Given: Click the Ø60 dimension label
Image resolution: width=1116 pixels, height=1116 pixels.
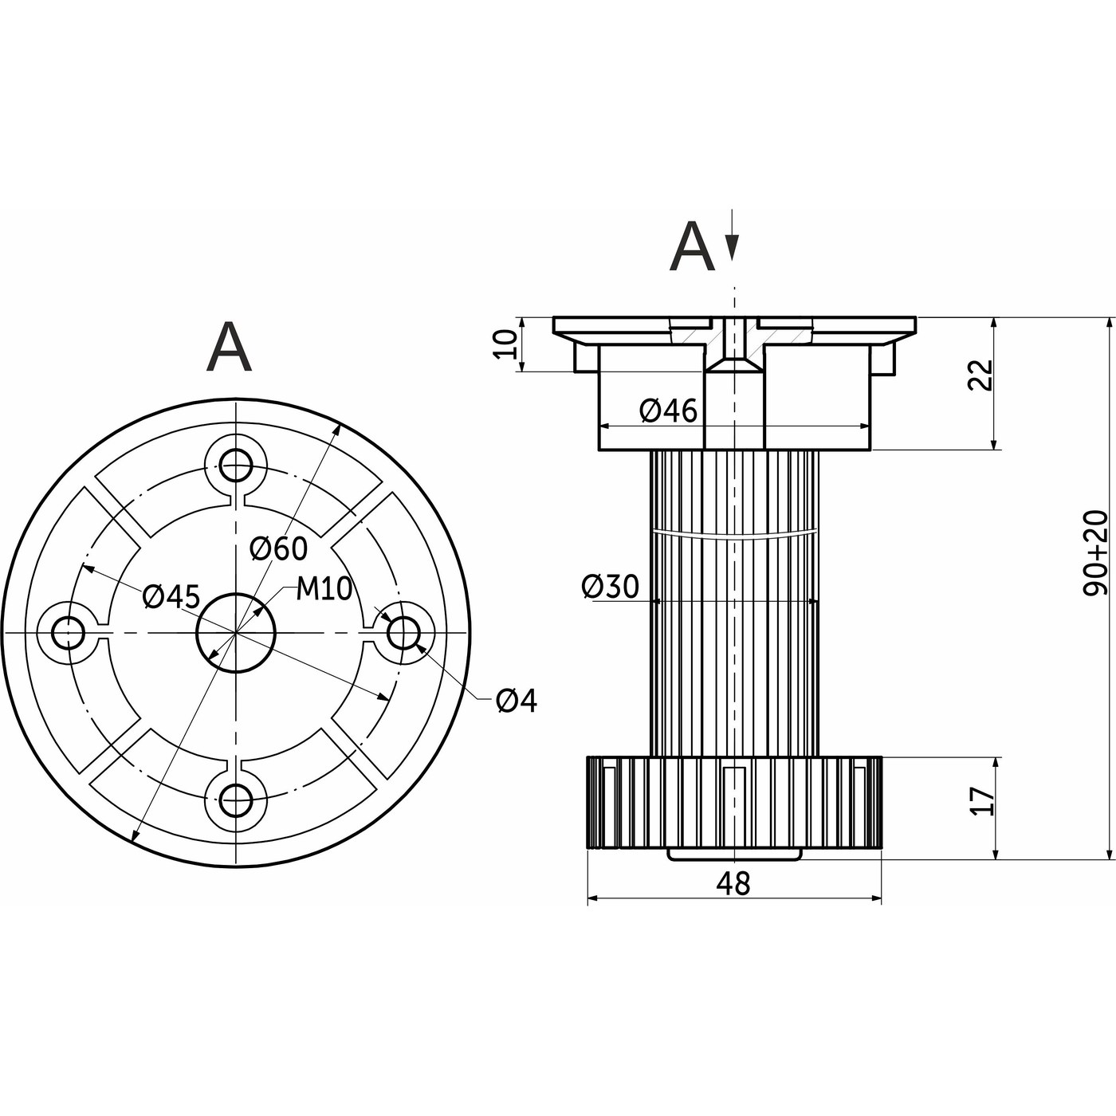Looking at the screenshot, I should pyautogui.click(x=277, y=548).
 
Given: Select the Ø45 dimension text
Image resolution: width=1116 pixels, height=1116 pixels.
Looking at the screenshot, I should pyautogui.click(x=171, y=596).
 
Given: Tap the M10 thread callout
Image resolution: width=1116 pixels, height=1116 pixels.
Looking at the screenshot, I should pyautogui.click(x=324, y=589).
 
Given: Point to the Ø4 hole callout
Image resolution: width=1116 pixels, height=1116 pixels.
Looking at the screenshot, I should pyautogui.click(x=517, y=701).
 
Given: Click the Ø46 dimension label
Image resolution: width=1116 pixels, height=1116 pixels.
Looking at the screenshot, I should pyautogui.click(x=668, y=411).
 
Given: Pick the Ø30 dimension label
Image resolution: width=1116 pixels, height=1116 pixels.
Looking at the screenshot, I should pyautogui.click(x=611, y=587).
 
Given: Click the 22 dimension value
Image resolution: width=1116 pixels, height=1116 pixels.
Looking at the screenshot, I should pyautogui.click(x=981, y=375).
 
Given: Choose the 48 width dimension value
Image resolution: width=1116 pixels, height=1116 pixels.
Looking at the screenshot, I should pyautogui.click(x=733, y=882).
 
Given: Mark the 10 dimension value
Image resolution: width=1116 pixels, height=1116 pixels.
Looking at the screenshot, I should pyautogui.click(x=505, y=344).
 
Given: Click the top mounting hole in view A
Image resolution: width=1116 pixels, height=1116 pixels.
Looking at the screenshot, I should pyautogui.click(x=236, y=462).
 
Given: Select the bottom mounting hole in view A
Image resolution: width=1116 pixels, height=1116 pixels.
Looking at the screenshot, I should pyautogui.click(x=236, y=800).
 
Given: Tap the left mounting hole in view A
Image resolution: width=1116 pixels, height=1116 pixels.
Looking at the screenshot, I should pyautogui.click(x=68, y=632).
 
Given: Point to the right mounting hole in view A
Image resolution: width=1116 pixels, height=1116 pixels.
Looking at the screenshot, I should pyautogui.click(x=403, y=632).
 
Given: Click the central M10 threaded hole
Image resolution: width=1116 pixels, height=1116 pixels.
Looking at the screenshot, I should pyautogui.click(x=236, y=632).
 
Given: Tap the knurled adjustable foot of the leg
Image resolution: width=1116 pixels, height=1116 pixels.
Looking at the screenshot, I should pyautogui.click(x=733, y=801).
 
